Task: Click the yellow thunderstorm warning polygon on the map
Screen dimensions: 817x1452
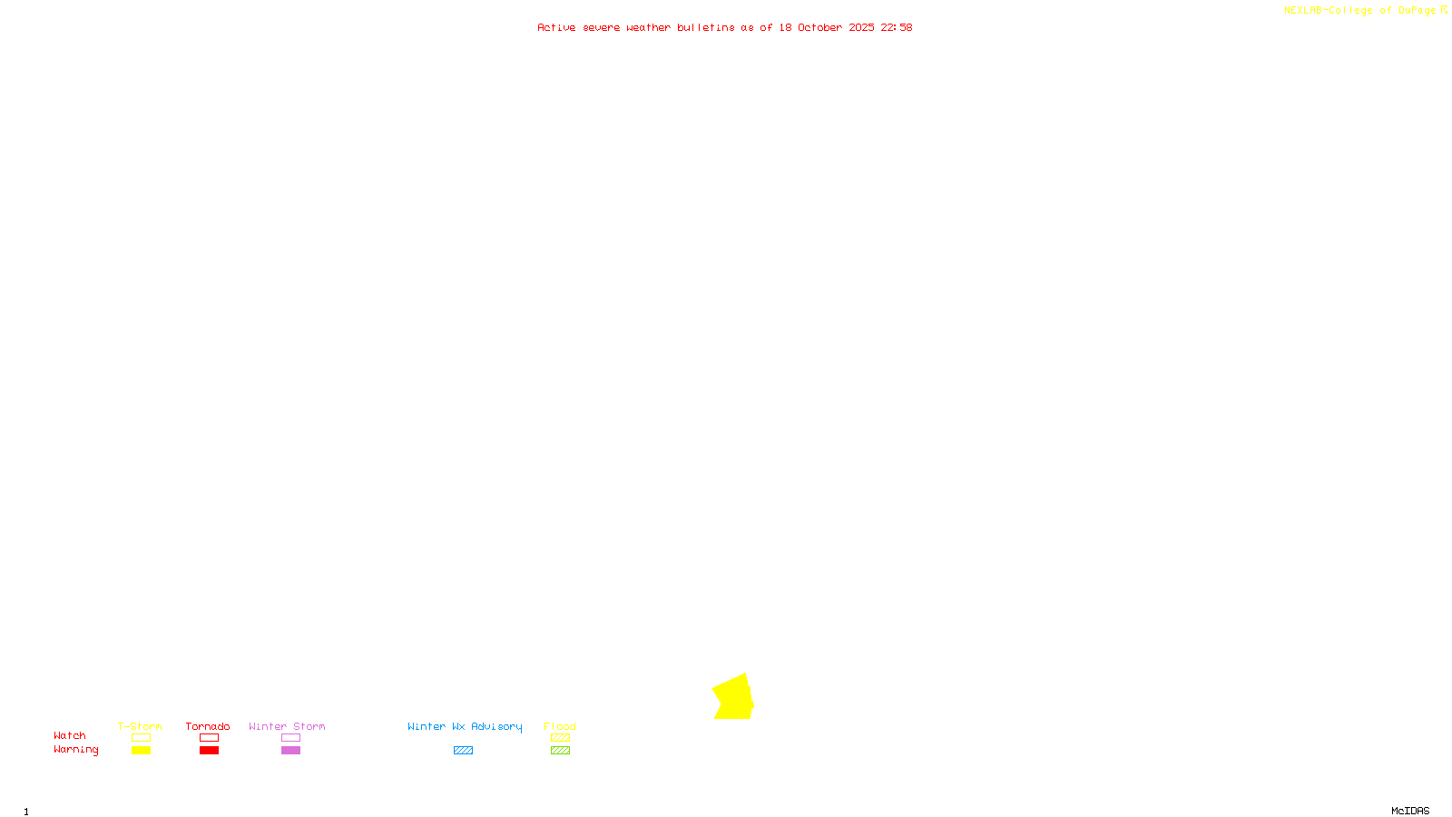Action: tap(733, 698)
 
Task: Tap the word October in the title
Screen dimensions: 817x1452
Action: tap(819, 27)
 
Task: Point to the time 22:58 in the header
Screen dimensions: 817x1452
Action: tap(896, 27)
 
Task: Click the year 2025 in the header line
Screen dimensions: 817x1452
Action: tap(861, 27)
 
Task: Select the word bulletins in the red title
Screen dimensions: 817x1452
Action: tap(705, 27)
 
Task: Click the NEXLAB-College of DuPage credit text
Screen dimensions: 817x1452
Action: tap(1359, 10)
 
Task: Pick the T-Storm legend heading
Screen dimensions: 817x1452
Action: tap(140, 726)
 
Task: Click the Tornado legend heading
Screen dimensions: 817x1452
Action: tap(208, 726)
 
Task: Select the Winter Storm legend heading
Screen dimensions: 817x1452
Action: tap(287, 726)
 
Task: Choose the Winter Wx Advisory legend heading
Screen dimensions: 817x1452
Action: tap(465, 726)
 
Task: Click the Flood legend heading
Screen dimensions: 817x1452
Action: tap(560, 726)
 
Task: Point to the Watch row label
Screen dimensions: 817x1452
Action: tap(70, 736)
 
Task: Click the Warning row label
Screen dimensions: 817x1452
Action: tap(75, 750)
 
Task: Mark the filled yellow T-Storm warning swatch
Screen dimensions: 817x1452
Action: tap(141, 751)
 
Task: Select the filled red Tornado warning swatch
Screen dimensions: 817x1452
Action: tap(210, 751)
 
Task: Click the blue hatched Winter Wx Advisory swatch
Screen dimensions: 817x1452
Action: tap(463, 751)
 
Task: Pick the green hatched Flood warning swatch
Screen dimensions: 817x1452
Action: tap(560, 751)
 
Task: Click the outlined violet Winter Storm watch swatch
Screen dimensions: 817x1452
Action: tap(290, 738)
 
